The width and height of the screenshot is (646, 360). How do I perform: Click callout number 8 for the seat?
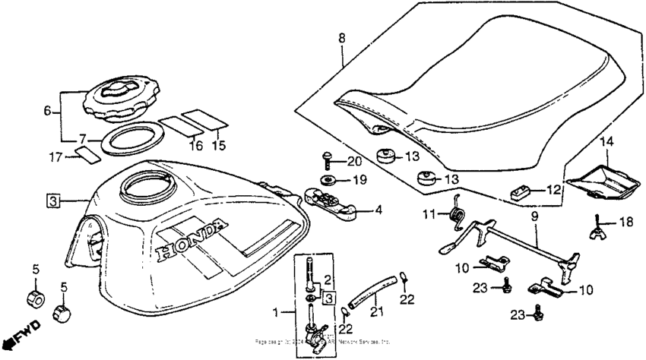tap(341, 36)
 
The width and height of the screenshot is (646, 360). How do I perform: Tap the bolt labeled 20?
tap(328, 159)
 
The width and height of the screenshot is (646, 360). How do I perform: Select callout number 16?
tap(196, 144)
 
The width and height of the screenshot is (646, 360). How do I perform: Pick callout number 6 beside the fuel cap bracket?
tap(48, 111)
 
